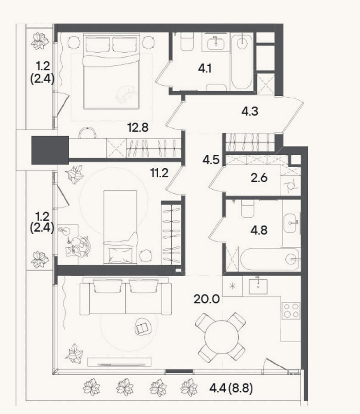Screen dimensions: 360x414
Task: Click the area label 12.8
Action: tap(138, 128)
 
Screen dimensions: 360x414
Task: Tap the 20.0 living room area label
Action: tap(207, 299)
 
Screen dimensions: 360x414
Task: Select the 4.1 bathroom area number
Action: tap(205, 69)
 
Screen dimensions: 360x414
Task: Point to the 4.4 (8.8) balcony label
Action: tap(231, 388)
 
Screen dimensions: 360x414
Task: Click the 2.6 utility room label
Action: tap(259, 178)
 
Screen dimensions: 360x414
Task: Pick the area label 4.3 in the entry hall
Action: tap(250, 111)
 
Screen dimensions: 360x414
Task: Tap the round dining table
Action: tap(222, 337)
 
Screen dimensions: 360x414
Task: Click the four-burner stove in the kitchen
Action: tap(291, 310)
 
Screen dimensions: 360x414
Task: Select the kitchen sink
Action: tap(258, 286)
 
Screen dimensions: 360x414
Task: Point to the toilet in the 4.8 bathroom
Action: tap(247, 208)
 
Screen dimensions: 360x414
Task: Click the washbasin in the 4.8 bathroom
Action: tap(290, 223)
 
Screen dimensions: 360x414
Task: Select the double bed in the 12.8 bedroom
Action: tap(111, 71)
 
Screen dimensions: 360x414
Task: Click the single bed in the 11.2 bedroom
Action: tap(120, 227)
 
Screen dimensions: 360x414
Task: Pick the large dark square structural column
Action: tap(50, 150)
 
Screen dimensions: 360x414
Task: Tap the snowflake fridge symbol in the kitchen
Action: tap(232, 286)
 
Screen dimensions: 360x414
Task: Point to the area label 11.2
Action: tap(159, 173)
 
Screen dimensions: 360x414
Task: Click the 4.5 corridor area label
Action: tap(211, 160)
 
